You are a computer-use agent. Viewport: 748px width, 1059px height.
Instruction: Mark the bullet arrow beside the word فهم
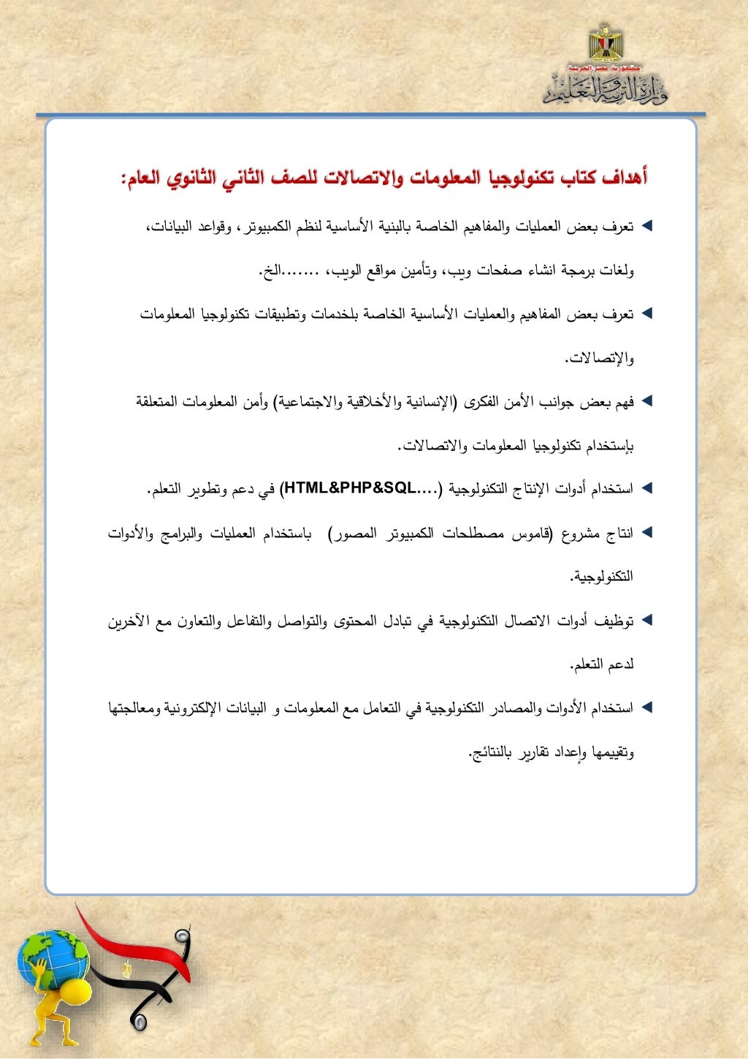click(x=646, y=401)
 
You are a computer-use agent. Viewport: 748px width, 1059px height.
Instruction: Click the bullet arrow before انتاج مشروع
click(x=646, y=533)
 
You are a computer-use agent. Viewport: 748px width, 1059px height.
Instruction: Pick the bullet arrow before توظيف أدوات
click(x=646, y=620)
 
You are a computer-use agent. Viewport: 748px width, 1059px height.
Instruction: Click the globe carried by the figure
click(x=53, y=957)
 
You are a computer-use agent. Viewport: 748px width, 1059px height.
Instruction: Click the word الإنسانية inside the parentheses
click(x=427, y=401)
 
